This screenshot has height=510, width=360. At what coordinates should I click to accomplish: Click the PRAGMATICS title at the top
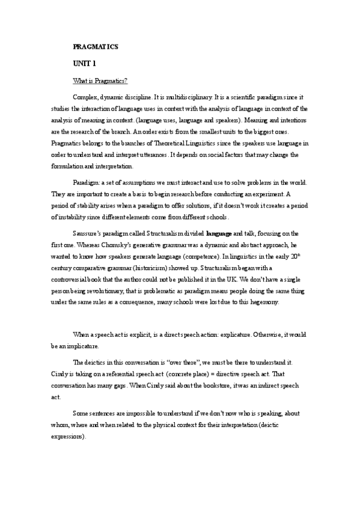(95, 46)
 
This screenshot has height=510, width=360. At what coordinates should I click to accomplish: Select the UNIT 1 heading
(84, 63)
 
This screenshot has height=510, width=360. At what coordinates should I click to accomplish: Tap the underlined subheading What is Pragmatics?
(100, 80)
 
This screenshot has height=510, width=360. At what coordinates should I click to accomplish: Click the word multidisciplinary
(188, 97)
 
